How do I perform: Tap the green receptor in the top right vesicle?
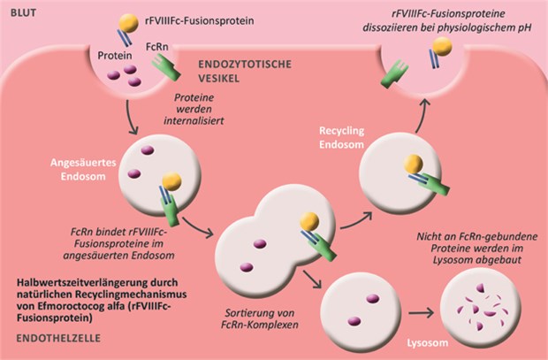[392, 70]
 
